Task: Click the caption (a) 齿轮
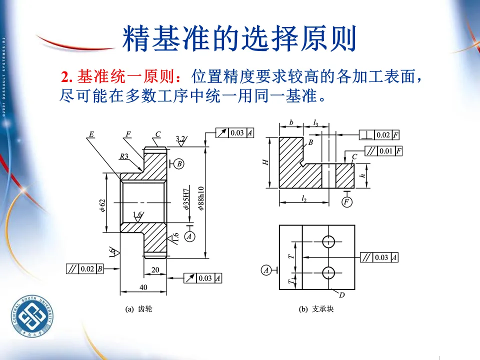coord(138,309)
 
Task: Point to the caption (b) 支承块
coord(316,309)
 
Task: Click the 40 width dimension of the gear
coord(143,287)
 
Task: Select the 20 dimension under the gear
coord(155,270)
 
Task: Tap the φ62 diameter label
coord(102,205)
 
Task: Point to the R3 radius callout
coord(123,156)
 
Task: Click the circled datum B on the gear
coord(180,163)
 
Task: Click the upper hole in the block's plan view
coord(328,241)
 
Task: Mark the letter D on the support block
coord(342,295)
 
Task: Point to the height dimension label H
coord(266,162)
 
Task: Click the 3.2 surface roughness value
coord(181,138)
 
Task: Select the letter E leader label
coord(91,134)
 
